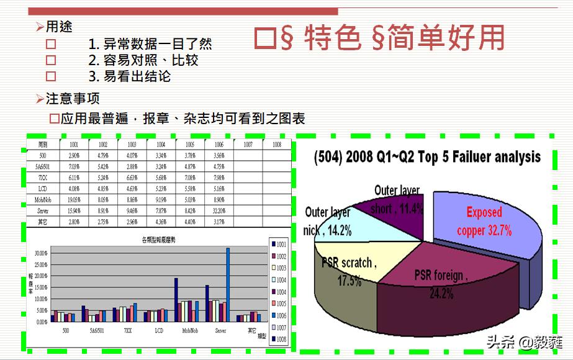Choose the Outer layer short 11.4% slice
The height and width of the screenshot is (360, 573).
coord(397,200)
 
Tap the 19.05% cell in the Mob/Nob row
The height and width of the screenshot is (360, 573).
coord(73,200)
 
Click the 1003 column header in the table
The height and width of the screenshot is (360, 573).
coord(132,144)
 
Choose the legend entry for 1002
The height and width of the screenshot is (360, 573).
coord(277,256)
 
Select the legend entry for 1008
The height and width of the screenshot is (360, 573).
coord(277,340)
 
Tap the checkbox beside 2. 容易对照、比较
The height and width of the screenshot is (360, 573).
coord(51,60)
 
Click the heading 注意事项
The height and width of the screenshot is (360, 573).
coord(73,99)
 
